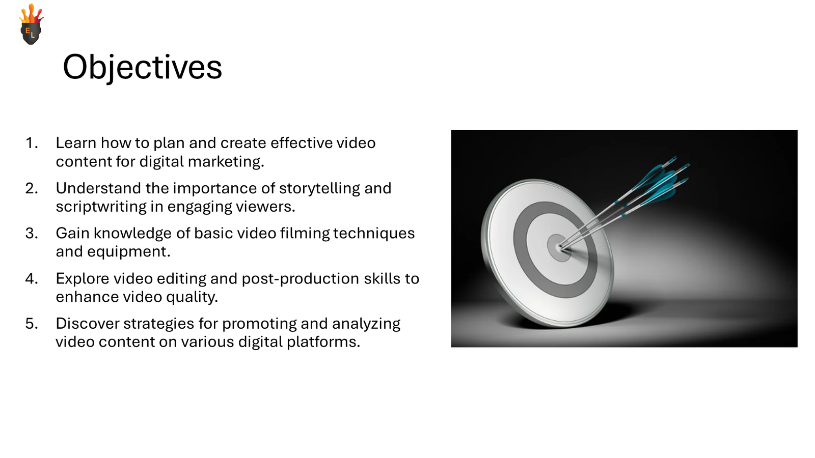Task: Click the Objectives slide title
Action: point(142,67)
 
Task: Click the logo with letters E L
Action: point(31,25)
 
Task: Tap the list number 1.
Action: point(32,143)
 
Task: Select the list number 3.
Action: point(32,234)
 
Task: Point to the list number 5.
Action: point(32,324)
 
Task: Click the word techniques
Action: point(374,233)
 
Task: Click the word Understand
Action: point(98,188)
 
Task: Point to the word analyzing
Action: point(366,324)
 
